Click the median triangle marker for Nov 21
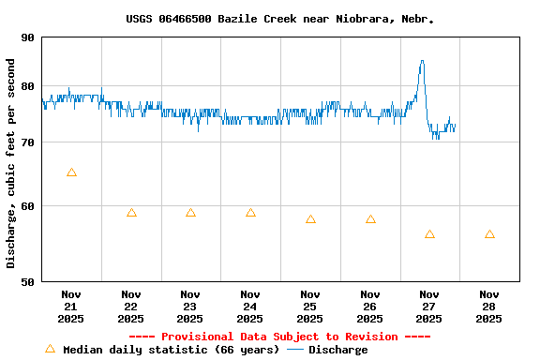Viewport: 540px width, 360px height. tap(71, 172)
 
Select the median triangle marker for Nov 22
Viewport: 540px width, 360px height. tap(131, 213)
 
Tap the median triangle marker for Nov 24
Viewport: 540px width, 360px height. tap(250, 213)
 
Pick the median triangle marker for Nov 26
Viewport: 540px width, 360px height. tap(370, 219)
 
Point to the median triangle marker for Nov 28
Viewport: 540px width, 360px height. tap(489, 234)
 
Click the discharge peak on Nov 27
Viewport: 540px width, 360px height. tap(422, 61)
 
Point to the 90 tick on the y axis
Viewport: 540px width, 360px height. tap(51, 37)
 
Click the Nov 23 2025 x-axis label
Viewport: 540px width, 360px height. tap(190, 306)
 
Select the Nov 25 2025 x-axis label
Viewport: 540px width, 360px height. tap(310, 306)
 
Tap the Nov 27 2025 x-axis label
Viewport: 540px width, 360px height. tap(429, 306)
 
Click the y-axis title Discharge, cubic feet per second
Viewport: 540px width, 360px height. tap(11, 163)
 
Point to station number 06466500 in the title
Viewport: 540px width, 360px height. tap(187, 19)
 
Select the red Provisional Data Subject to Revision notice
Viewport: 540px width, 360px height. tap(279, 337)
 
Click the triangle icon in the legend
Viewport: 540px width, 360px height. tap(50, 349)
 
